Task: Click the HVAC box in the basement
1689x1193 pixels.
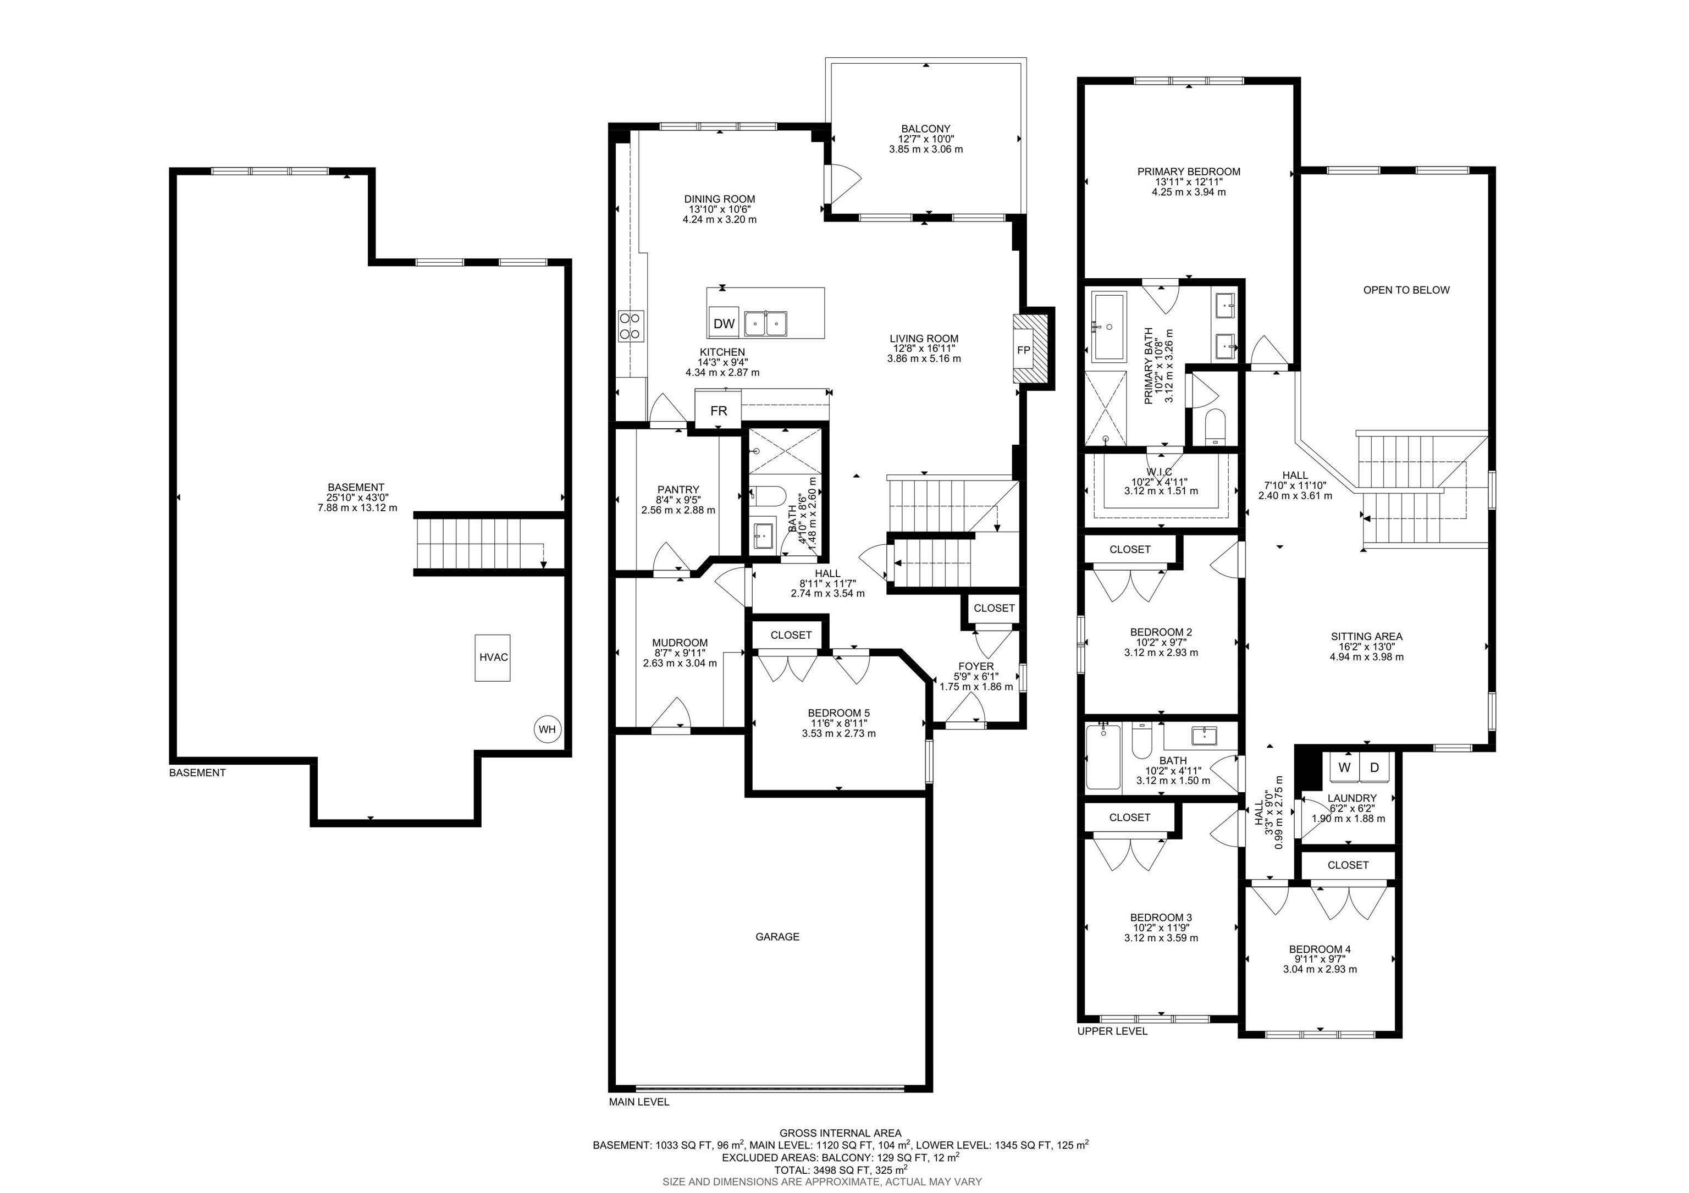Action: (493, 658)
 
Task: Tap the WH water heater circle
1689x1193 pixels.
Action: (547, 730)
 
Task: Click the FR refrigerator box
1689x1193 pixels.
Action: (719, 411)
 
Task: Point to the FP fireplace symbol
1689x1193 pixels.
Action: (1023, 350)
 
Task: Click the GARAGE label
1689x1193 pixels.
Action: (777, 937)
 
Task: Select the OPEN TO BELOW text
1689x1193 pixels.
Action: (1406, 290)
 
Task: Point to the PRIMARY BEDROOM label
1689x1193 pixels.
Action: (1189, 172)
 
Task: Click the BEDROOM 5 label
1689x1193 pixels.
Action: (838, 713)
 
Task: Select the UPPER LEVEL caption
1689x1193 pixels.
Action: (1112, 1031)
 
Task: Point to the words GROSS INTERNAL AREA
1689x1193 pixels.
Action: (840, 1134)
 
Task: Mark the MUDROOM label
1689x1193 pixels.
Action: (680, 642)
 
